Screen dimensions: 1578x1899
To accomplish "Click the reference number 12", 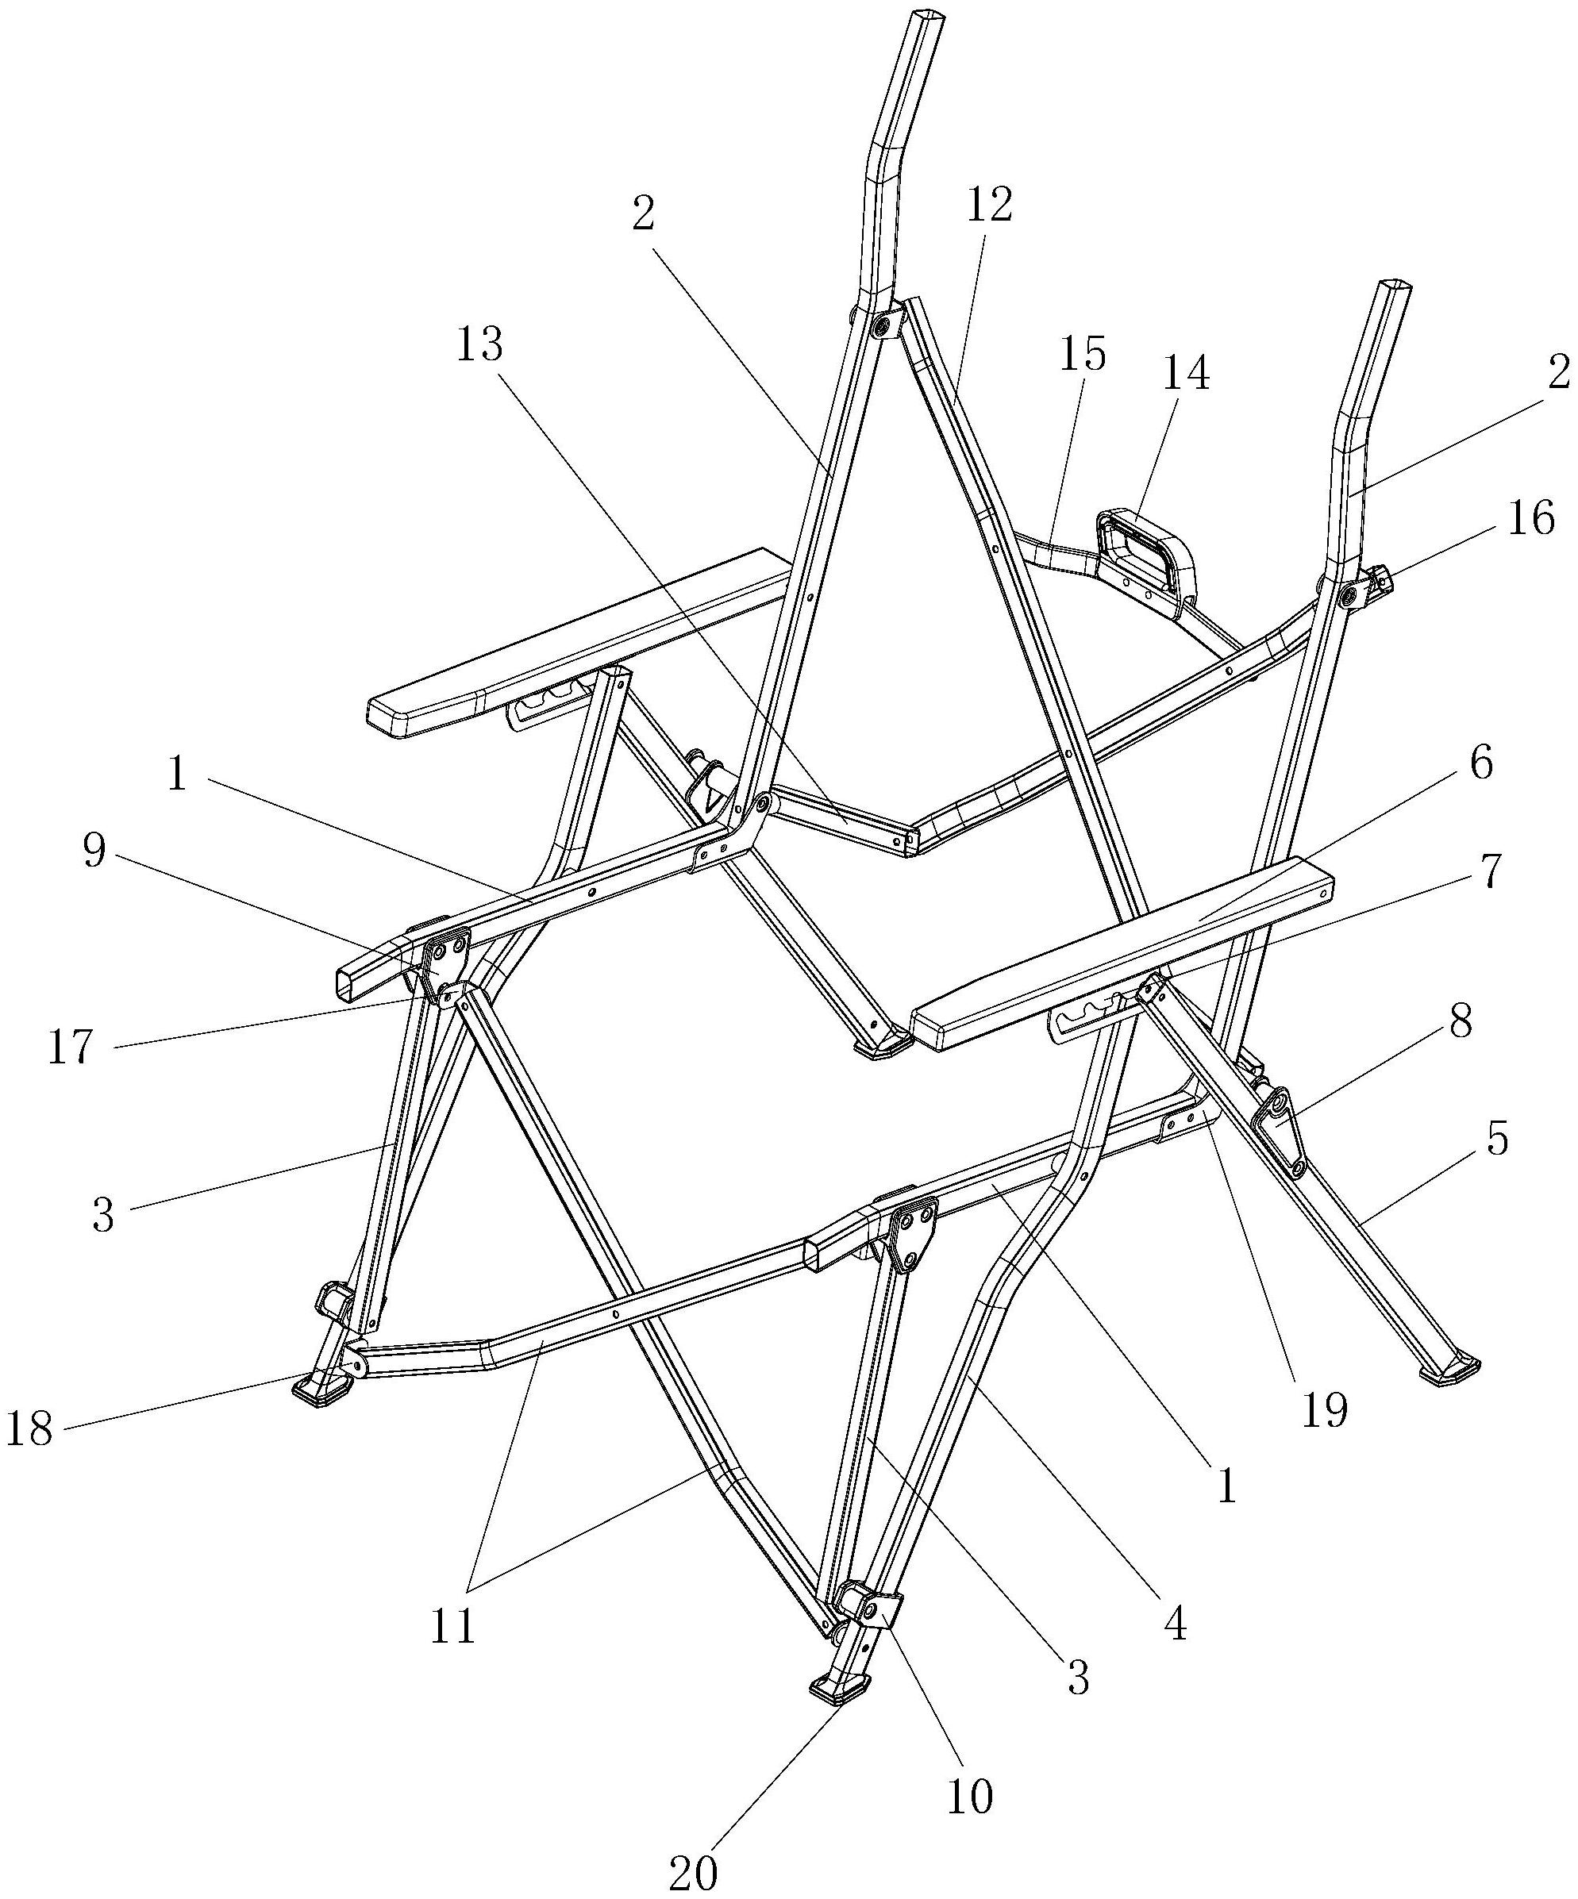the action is pyautogui.click(x=989, y=206).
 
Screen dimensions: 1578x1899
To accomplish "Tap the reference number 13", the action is pyautogui.click(x=479, y=344).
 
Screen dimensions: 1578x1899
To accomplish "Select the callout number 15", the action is pyautogui.click(x=1083, y=354).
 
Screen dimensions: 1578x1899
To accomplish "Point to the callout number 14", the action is pyautogui.click(x=1186, y=372).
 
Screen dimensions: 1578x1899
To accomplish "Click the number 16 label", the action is pyautogui.click(x=1531, y=518).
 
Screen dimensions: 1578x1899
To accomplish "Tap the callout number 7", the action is pyautogui.click(x=1490, y=871).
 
